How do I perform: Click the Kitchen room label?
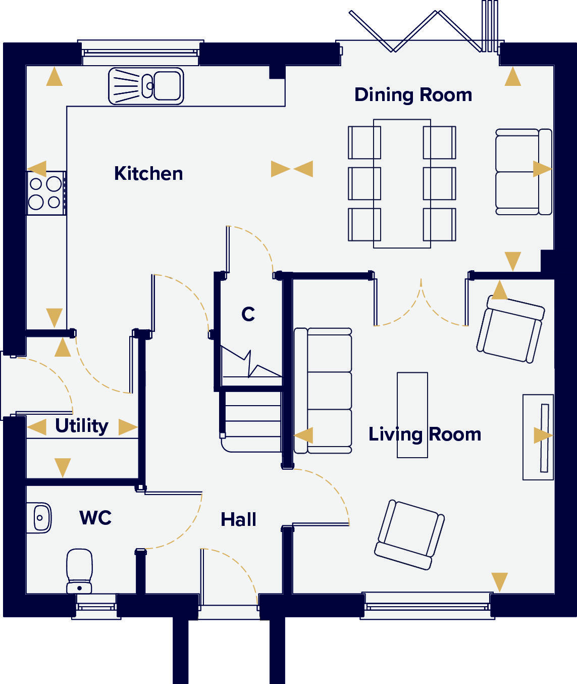pyautogui.click(x=148, y=173)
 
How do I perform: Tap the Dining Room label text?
pyautogui.click(x=413, y=95)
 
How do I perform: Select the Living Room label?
pyautogui.click(x=425, y=434)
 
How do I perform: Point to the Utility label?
pyautogui.click(x=81, y=426)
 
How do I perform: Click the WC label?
pyautogui.click(x=95, y=518)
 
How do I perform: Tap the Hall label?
pyautogui.click(x=238, y=520)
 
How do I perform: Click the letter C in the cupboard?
pyautogui.click(x=248, y=314)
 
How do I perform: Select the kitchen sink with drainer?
pyautogui.click(x=146, y=86)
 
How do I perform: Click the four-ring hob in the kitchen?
pyautogui.click(x=45, y=193)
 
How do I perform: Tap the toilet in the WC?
pyautogui.click(x=79, y=571)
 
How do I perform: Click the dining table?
pyautogui.click(x=402, y=183)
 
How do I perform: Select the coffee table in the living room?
pyautogui.click(x=412, y=415)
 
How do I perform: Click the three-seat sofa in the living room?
pyautogui.click(x=323, y=390)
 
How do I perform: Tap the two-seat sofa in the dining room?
pyautogui.click(x=523, y=172)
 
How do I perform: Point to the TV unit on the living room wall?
pyautogui.click(x=538, y=437)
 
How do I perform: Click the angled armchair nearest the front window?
pyautogui.click(x=409, y=534)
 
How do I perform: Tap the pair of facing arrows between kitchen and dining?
pyautogui.click(x=292, y=169)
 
